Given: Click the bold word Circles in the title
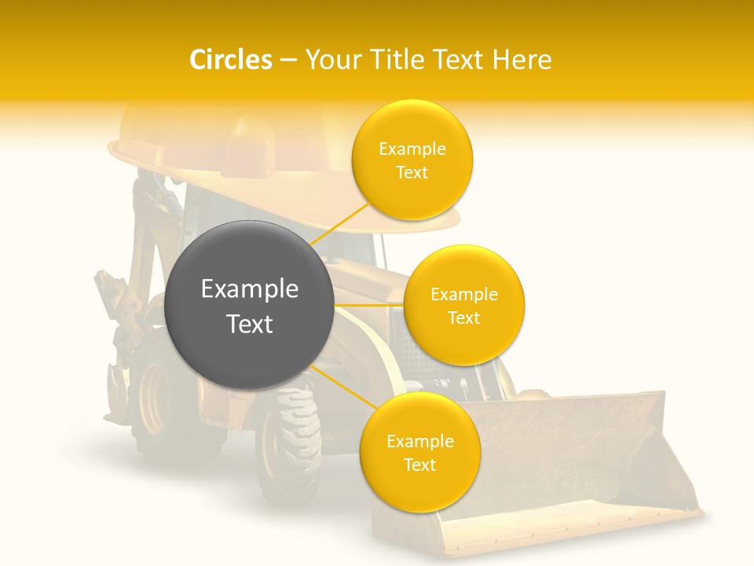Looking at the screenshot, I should (x=231, y=60).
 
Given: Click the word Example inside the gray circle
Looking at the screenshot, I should (x=250, y=289).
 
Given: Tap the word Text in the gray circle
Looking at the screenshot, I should (x=250, y=324).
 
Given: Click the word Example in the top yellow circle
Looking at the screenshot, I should (x=412, y=149).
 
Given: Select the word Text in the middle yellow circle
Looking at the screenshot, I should (x=464, y=318).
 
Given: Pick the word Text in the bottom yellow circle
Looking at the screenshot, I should (x=419, y=465).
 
